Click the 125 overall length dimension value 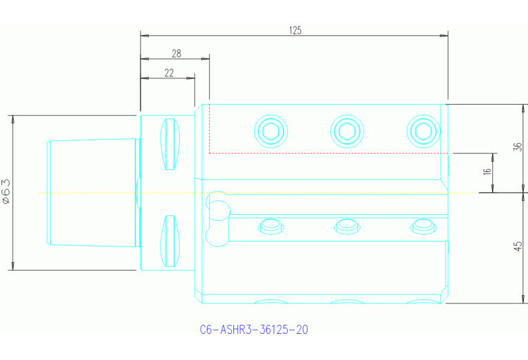click(x=295, y=30)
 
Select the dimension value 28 click(x=176, y=53)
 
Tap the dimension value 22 click(x=169, y=73)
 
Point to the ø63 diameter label click(x=6, y=192)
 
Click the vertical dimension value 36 click(x=518, y=147)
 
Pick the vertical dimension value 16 click(x=487, y=172)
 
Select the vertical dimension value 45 click(x=518, y=246)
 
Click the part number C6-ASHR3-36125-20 click(x=253, y=330)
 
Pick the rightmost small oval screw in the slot click(x=423, y=225)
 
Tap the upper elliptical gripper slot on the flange click(x=169, y=145)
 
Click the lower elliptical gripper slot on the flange click(x=169, y=241)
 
